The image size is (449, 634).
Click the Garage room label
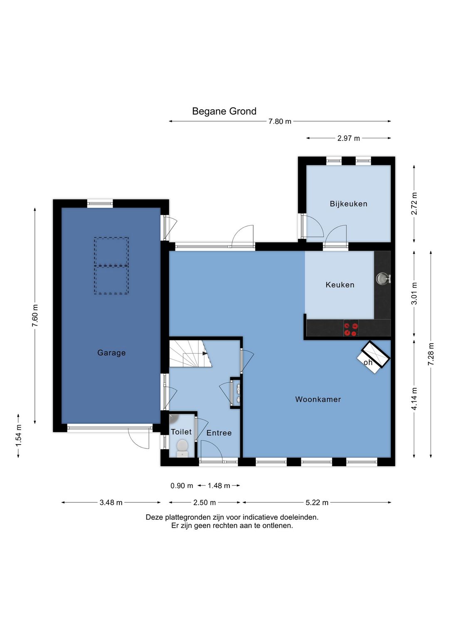111,353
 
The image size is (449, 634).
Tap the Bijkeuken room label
348,204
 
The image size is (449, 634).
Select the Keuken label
340,285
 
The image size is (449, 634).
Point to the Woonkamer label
318,399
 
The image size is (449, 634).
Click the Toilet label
181,432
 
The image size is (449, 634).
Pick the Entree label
219,433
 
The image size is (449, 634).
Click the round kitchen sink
382,278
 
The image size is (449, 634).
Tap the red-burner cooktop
351,328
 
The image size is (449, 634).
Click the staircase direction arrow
205,354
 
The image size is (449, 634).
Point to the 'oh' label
368,362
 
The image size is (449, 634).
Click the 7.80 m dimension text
280,121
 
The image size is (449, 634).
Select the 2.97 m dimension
348,138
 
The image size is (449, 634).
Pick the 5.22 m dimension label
317,502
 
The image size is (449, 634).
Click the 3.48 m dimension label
111,502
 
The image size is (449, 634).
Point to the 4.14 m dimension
414,398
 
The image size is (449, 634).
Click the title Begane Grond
224,111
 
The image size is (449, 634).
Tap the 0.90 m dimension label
182,486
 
